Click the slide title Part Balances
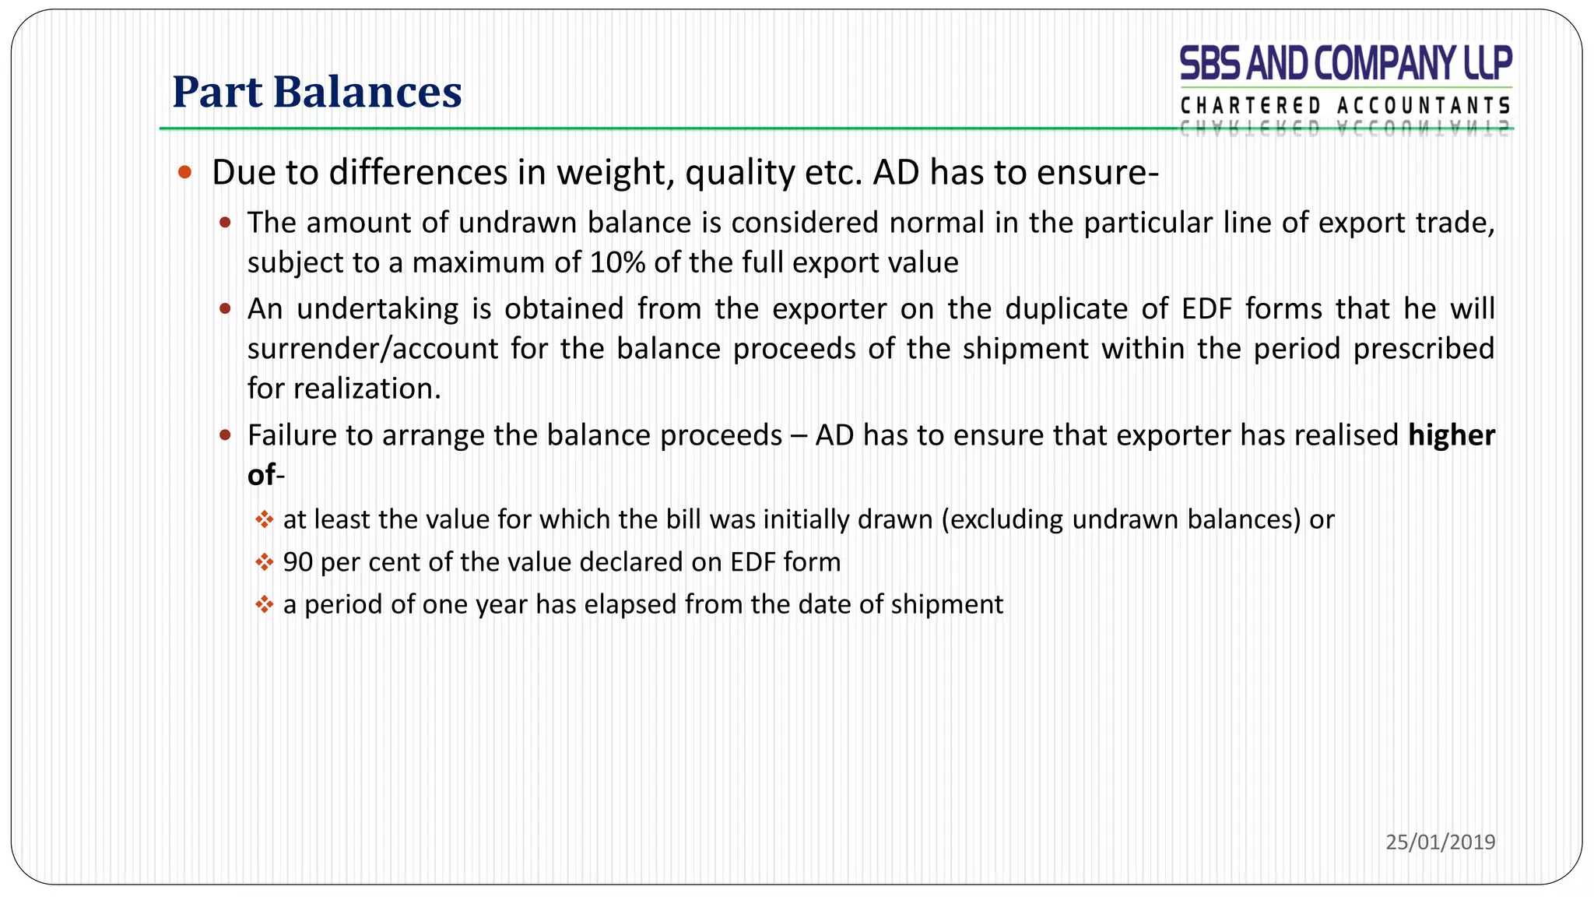(317, 92)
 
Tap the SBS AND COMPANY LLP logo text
(1346, 64)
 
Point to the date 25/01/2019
(1440, 842)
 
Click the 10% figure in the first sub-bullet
(617, 263)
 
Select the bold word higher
(1452, 435)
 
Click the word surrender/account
(373, 349)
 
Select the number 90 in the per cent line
(298, 562)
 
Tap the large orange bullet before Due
(184, 172)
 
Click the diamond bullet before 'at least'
(265, 519)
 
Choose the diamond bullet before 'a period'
(265, 604)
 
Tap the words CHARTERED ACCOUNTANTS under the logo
(1346, 106)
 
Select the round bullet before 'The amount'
(225, 223)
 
